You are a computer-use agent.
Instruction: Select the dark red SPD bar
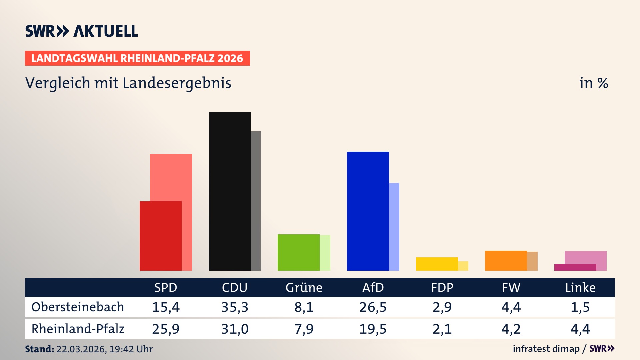click(x=160, y=236)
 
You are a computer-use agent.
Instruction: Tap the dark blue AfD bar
click(x=368, y=211)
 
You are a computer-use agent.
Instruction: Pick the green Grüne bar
click(x=298, y=252)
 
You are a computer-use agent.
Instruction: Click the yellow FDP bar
click(x=437, y=264)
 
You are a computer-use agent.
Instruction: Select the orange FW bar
click(x=506, y=260)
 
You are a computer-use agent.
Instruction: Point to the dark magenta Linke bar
click(x=575, y=267)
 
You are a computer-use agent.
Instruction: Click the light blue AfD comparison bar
click(x=394, y=227)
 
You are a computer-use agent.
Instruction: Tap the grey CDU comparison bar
click(x=256, y=201)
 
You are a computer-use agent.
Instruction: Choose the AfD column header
click(x=373, y=287)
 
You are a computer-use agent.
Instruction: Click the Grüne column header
click(x=304, y=287)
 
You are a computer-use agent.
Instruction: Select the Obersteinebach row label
click(x=78, y=307)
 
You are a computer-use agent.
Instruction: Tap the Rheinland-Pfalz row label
click(x=78, y=329)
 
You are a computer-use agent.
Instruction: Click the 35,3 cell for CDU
click(x=235, y=307)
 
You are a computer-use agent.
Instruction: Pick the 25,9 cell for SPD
click(x=166, y=329)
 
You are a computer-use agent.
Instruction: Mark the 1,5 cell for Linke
click(x=580, y=307)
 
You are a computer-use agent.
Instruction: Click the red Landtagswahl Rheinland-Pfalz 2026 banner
click(x=137, y=58)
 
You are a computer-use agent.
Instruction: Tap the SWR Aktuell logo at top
click(x=81, y=31)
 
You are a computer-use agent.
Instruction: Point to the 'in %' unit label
click(x=593, y=83)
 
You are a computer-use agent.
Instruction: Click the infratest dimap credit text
click(x=546, y=349)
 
